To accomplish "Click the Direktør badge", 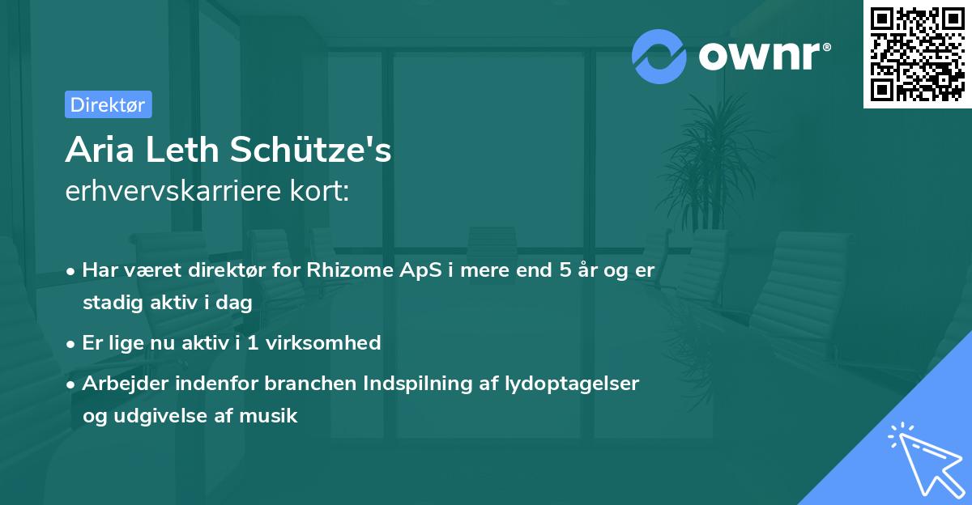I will coord(108,104).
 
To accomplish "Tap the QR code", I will coord(918,54).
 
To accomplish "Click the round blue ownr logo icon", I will coord(659,56).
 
